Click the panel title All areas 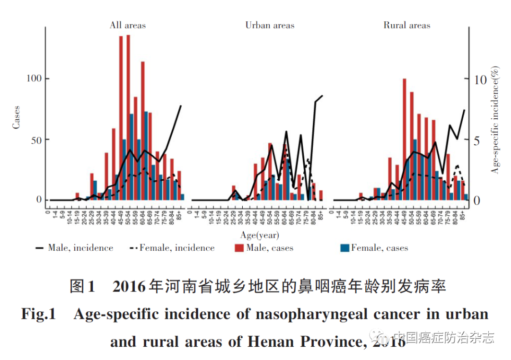[x=128, y=25]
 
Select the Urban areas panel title [x=270, y=25]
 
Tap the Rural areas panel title [x=407, y=25]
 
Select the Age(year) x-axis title [x=260, y=235]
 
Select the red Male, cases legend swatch [x=239, y=248]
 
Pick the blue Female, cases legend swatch [x=344, y=248]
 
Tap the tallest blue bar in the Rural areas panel [x=415, y=169]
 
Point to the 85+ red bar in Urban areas [x=321, y=195]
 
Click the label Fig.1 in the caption [x=39, y=314]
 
